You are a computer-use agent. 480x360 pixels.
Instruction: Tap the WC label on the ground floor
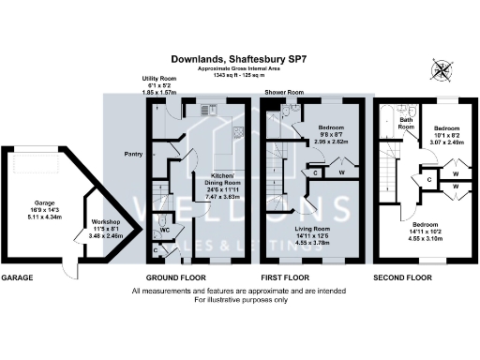pos(164,229)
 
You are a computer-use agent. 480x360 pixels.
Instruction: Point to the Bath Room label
pos(406,122)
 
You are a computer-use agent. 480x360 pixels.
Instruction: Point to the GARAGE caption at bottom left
pos(18,278)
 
